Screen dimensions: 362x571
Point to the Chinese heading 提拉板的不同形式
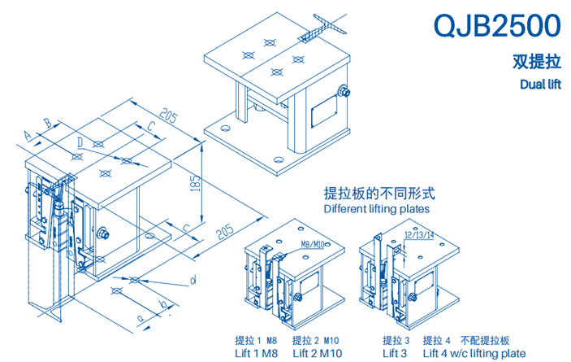(x=379, y=194)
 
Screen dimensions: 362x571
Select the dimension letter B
(x=47, y=123)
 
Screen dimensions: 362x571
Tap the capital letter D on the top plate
(x=79, y=142)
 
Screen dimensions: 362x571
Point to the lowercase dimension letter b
(x=164, y=305)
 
